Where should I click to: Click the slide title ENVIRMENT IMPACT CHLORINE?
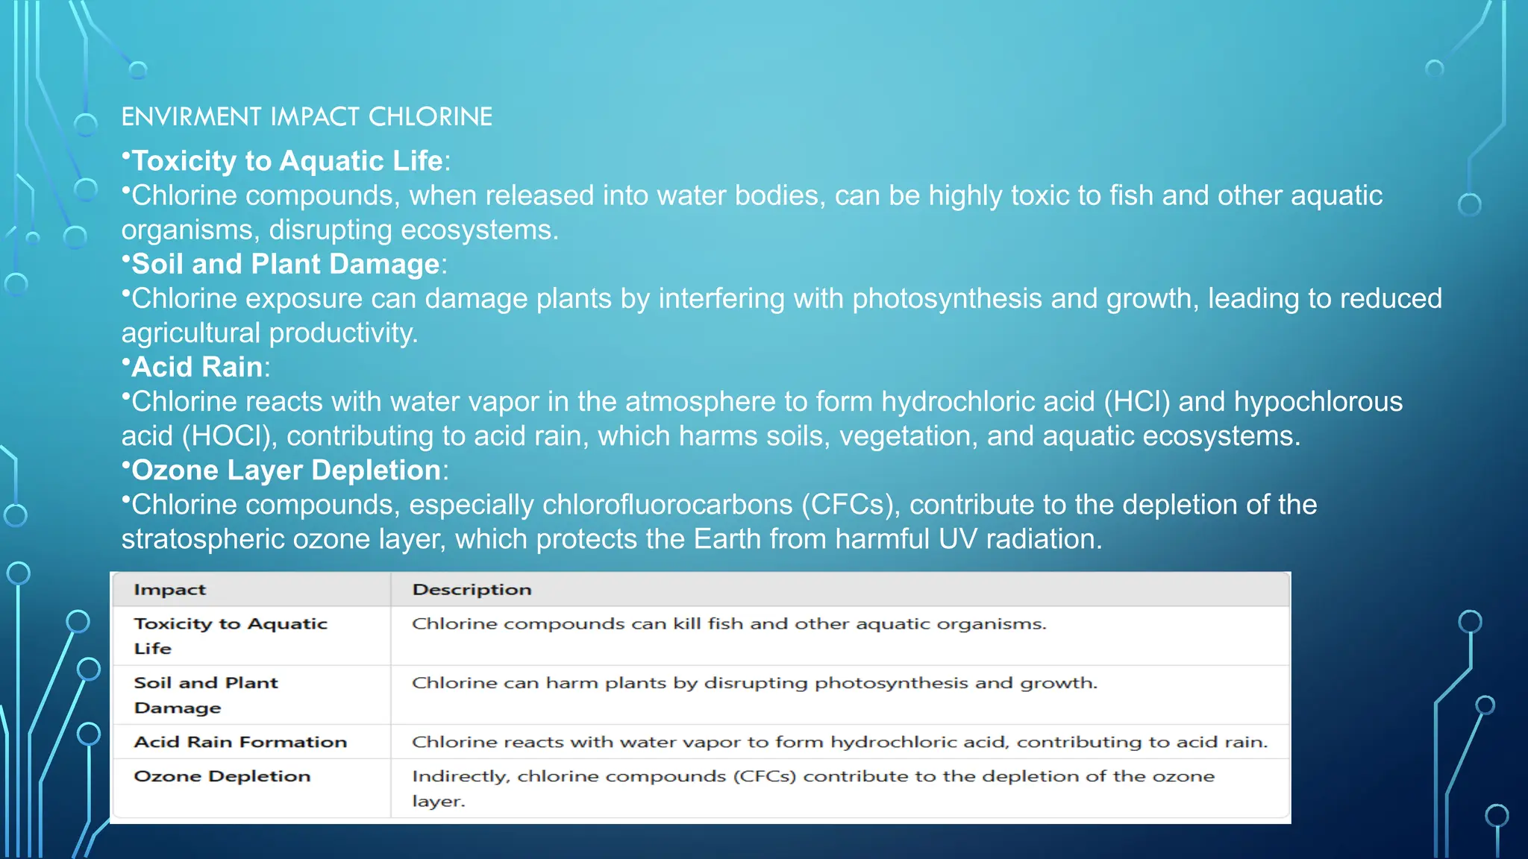[307, 117]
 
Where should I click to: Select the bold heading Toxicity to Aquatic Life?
[287, 161]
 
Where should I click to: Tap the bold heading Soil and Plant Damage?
[286, 264]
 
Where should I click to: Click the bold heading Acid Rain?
[197, 367]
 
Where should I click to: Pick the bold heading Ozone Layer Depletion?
[286, 471]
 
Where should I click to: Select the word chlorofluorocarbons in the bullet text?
[667, 506]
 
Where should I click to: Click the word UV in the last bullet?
[957, 539]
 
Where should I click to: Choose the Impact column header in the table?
[169, 590]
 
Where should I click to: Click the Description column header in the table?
[472, 590]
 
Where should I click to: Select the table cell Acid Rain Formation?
[240, 742]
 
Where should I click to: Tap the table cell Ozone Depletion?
[222, 776]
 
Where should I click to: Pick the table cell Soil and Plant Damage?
[205, 695]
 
